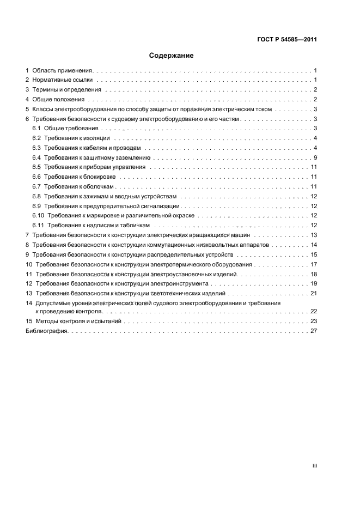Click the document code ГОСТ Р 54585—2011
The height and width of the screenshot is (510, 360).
[x=286, y=40]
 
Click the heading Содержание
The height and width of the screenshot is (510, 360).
[x=172, y=56]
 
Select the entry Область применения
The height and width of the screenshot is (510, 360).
[x=63, y=71]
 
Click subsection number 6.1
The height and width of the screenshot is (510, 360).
[x=36, y=128]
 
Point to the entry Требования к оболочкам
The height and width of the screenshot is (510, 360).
[x=79, y=187]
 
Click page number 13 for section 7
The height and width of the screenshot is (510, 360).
[x=314, y=235]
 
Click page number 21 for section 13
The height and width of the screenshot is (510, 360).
[x=314, y=294]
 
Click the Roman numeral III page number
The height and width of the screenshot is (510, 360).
[x=314, y=466]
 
